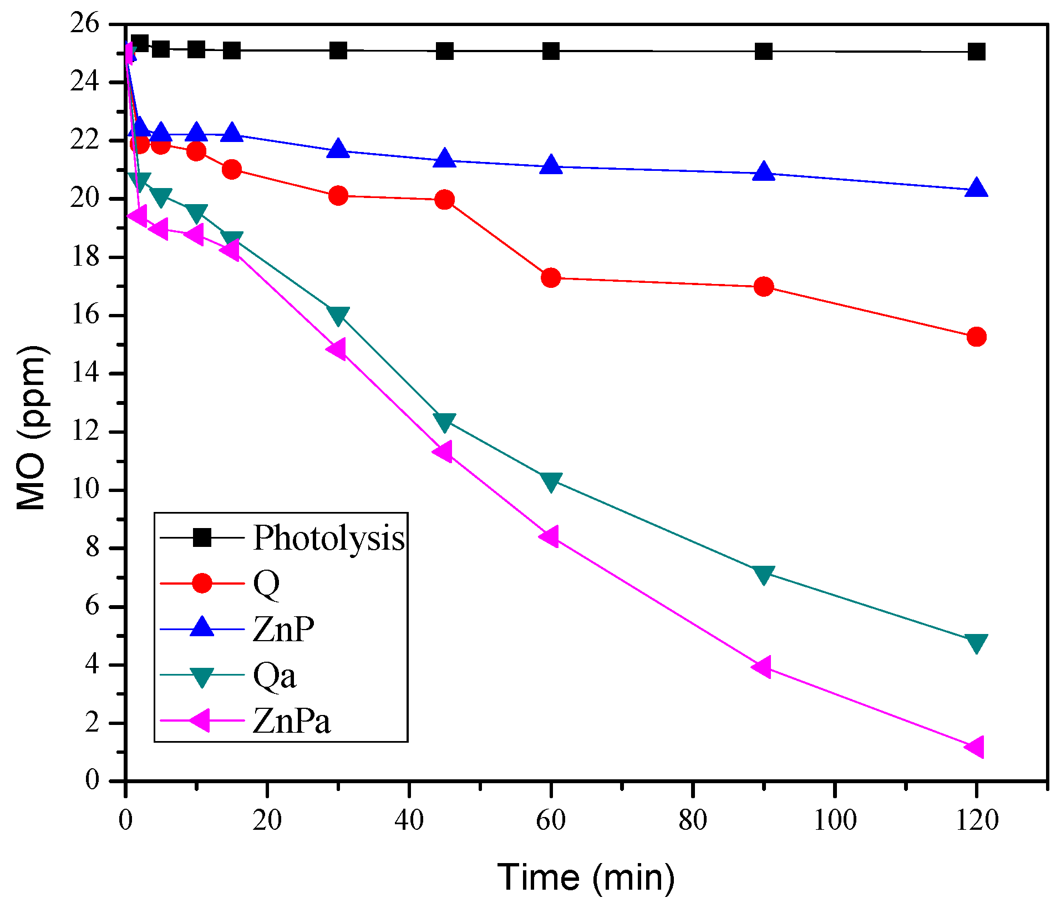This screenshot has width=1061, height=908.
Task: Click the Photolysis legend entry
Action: pos(328,537)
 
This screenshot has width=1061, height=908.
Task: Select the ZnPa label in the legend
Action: pos(291,721)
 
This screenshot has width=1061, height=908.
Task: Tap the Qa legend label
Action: pos(274,675)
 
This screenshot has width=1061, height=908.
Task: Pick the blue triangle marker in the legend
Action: pos(202,628)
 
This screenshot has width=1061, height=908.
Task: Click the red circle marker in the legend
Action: pos(202,583)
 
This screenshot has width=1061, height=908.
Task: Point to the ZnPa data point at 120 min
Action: pos(975,747)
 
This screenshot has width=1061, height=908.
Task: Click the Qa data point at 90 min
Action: pos(764,575)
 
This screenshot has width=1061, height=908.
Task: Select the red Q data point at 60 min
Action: pos(551,277)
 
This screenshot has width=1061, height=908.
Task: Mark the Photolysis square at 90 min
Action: pos(764,52)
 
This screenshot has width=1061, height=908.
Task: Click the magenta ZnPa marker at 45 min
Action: pos(444,452)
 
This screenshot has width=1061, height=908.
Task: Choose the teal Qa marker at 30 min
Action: pos(338,315)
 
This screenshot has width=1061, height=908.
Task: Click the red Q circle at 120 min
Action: pos(976,337)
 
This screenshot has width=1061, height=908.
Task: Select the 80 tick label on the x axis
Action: pos(693,820)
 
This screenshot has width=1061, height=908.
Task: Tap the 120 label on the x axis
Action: pos(977,820)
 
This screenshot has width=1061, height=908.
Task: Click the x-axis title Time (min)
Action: pos(586,877)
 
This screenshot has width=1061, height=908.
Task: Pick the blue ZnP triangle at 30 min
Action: pos(338,149)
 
